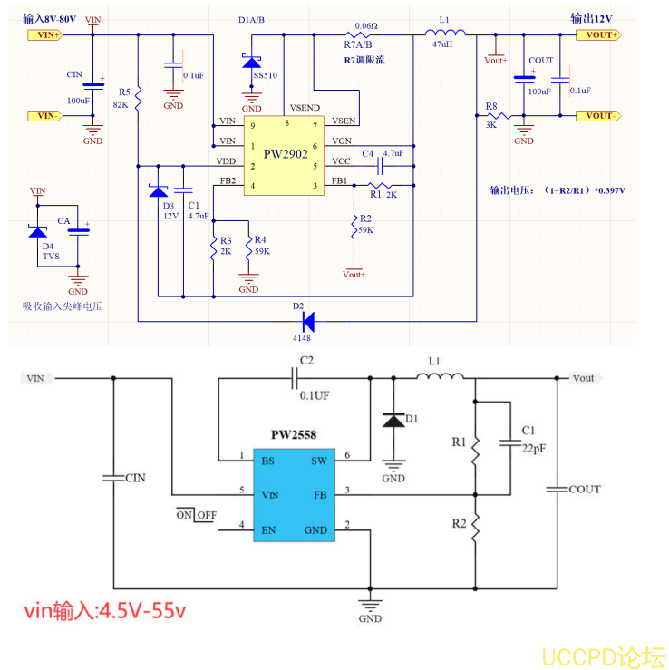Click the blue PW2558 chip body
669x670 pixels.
[302, 494]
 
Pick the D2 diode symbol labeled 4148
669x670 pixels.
[307, 320]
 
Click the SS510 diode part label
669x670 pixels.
[266, 76]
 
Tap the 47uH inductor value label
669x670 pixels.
[443, 44]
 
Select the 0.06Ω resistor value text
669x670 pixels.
[366, 26]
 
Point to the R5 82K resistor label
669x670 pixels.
[121, 99]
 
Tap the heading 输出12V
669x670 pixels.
[591, 18]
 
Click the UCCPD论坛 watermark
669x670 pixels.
[603, 655]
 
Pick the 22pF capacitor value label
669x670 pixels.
[534, 448]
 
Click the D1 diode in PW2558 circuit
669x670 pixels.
[393, 421]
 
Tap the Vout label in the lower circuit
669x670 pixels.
[584, 378]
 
